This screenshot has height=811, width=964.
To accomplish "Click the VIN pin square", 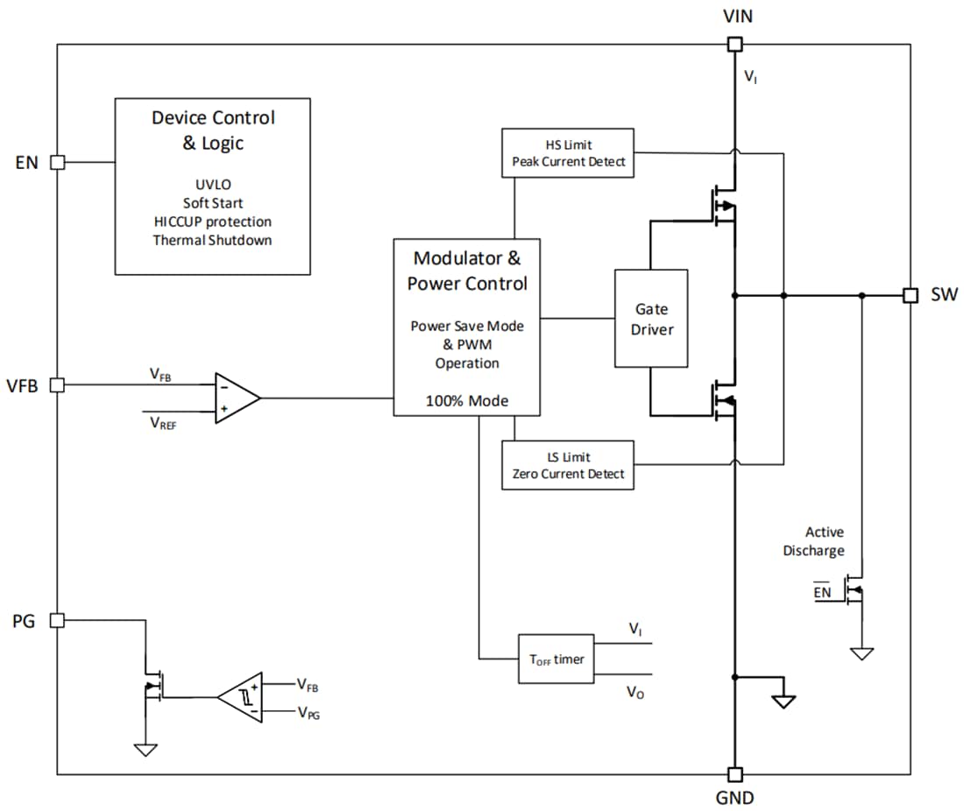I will pos(735,44).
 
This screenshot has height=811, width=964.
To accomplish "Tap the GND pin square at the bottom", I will pos(735,774).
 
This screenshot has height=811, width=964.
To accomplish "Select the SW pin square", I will pos(911,295).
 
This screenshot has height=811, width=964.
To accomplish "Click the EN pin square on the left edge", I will pos(57,162).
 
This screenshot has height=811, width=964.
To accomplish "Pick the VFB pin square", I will pos(57,384).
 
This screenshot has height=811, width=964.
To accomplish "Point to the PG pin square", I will pos(57,620).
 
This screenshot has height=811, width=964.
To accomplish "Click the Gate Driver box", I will pos(650,319).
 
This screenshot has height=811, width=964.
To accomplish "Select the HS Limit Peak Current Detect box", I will pos(568,153).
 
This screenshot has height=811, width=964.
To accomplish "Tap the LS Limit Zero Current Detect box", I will pos(568,465).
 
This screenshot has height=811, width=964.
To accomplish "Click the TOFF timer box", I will pos(556,659).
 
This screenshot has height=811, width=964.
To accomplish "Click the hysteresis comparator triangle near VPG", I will pos(243,697).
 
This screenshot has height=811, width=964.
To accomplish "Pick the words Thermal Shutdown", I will pos(212,240).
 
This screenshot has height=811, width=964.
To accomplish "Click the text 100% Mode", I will pos(466,401).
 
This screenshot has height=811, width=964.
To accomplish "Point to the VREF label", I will pos(162,421).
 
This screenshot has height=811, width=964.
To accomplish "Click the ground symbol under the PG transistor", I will pos(145,749).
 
